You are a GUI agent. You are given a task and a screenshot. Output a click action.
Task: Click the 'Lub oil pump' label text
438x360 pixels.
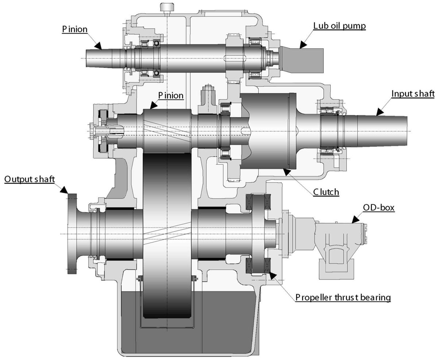click(339, 26)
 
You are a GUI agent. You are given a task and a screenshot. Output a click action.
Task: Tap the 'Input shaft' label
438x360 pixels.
click(413, 94)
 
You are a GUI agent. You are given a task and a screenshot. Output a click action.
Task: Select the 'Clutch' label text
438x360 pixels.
click(326, 192)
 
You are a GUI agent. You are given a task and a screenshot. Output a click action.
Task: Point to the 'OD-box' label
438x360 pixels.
click(379, 207)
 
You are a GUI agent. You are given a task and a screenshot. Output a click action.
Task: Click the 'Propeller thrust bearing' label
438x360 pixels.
click(343, 297)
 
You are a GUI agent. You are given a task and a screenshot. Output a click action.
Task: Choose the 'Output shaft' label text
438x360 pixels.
click(30, 179)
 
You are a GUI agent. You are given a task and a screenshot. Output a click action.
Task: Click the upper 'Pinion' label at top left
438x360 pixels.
click(75, 29)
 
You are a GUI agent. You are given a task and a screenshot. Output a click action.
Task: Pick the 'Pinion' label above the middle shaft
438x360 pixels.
click(171, 96)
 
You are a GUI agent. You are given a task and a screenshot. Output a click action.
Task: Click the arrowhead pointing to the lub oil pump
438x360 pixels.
click(303, 45)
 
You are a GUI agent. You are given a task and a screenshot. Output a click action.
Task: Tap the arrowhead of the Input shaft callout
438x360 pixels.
click(380, 112)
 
